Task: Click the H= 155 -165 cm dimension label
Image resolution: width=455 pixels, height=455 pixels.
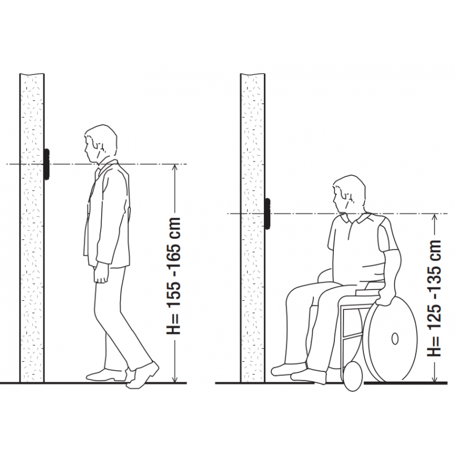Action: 173,276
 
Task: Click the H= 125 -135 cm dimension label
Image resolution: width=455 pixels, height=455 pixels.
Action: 434,298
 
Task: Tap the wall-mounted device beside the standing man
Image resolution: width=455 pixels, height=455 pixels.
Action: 47,164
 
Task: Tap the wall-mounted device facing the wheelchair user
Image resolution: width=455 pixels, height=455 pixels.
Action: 268,213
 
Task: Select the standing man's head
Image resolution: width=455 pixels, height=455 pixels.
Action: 101,144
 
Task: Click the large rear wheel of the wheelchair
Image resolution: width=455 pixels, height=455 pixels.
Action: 390,338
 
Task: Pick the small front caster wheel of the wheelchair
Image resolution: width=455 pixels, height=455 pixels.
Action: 353,376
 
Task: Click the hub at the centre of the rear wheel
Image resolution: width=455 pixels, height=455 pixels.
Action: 395,338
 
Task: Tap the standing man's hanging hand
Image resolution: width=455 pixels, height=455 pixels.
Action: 101,275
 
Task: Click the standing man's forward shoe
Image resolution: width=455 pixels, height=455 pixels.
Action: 143,375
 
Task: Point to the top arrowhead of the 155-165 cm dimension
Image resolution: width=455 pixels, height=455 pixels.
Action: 175,168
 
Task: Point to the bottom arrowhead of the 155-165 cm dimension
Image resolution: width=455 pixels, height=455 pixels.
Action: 175,379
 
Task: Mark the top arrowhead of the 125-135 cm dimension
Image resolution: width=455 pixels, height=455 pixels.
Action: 435,218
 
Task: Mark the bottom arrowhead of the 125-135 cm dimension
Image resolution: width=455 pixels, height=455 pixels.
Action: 435,378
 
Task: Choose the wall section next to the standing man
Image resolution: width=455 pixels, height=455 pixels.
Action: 32,228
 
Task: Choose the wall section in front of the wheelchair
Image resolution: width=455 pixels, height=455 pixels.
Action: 253,228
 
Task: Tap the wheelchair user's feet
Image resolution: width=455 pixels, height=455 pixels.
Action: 299,373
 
